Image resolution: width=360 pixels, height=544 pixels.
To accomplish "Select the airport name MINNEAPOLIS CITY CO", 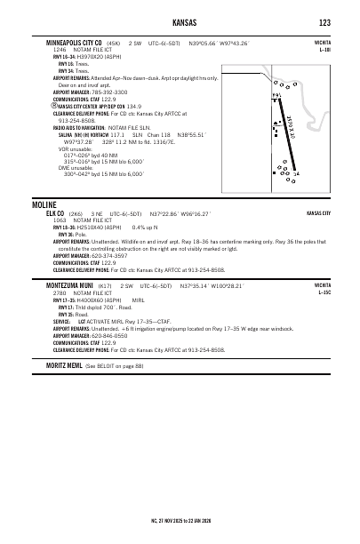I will tap(76, 42).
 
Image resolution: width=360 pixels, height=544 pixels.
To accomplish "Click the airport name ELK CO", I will tap(55, 214).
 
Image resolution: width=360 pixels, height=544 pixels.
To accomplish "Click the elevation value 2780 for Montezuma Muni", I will tap(59, 293).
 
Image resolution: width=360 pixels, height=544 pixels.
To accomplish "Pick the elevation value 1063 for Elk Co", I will tap(59, 220).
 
